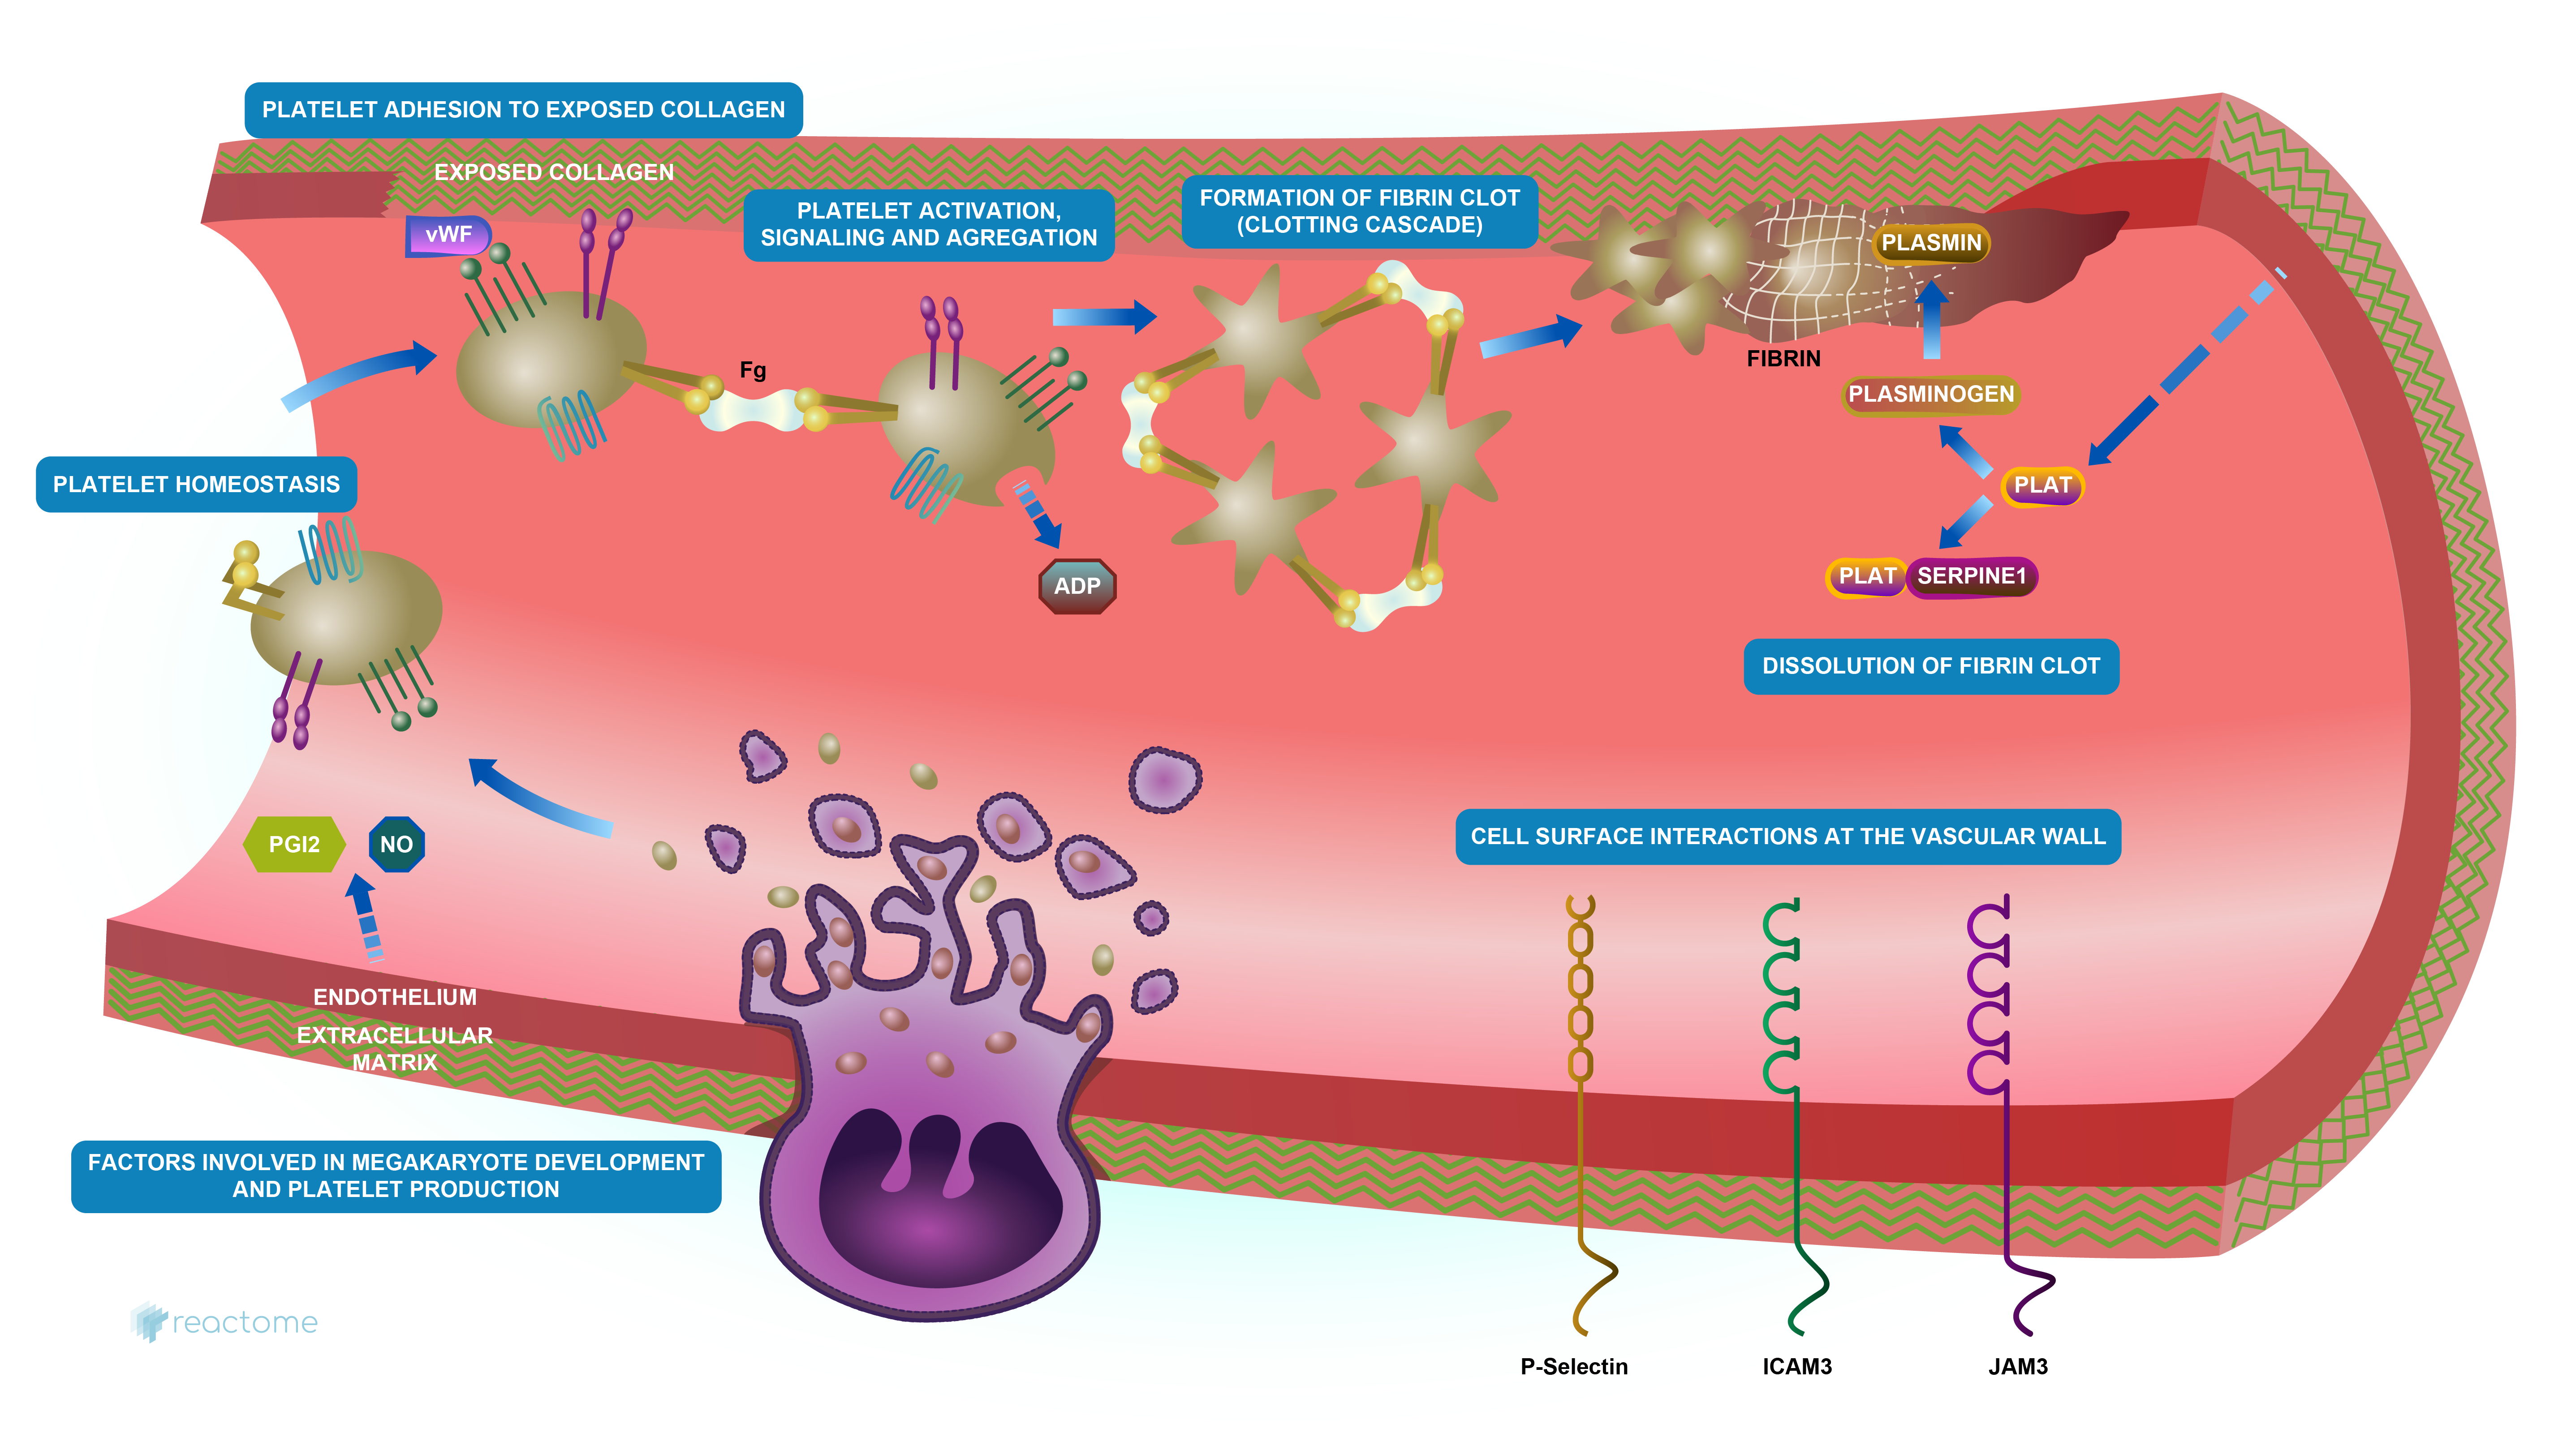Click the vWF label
pyautogui.click(x=448, y=236)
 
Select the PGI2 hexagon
pyautogui.click(x=294, y=844)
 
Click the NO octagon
pyautogui.click(x=396, y=844)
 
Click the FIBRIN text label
pyautogui.click(x=1783, y=358)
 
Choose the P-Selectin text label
pyautogui.click(x=1574, y=1367)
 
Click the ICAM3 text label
pyautogui.click(x=1796, y=1367)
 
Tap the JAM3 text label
pyautogui.click(x=2017, y=1367)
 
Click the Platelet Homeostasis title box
pyautogui.click(x=196, y=484)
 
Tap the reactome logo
pyautogui.click(x=225, y=1322)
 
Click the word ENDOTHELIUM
pyautogui.click(x=395, y=998)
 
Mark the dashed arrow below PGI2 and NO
pyautogui.click(x=364, y=918)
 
